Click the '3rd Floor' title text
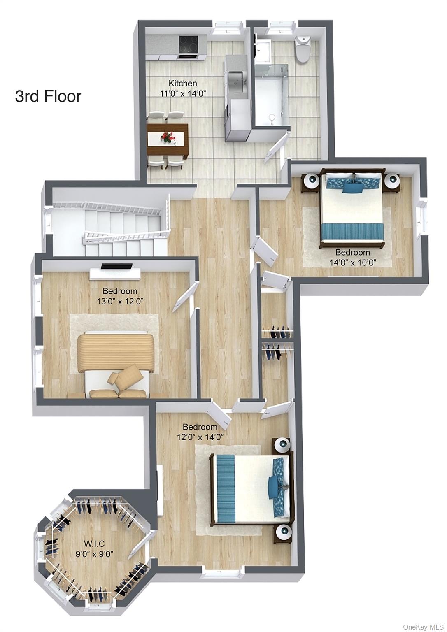(48, 96)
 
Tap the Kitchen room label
(183, 83)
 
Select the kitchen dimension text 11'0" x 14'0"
(183, 93)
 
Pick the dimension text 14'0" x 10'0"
(352, 263)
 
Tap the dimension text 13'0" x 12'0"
(120, 301)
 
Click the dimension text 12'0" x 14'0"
(200, 437)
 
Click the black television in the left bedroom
(116, 266)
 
